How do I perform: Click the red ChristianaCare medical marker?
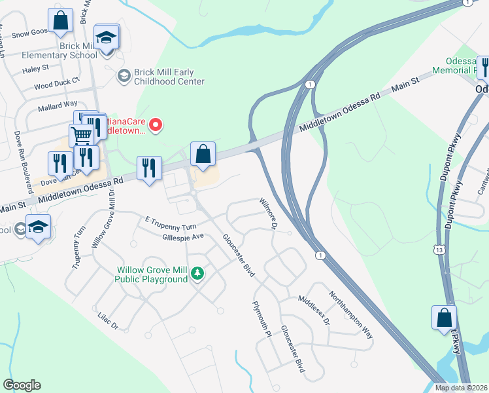[x=156, y=124]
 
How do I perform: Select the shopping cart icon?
[x=81, y=136]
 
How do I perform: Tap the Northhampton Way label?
[x=350, y=314]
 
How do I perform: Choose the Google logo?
[x=22, y=385]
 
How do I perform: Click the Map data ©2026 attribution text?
[x=461, y=388]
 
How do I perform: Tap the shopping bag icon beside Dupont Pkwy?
[x=444, y=318]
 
